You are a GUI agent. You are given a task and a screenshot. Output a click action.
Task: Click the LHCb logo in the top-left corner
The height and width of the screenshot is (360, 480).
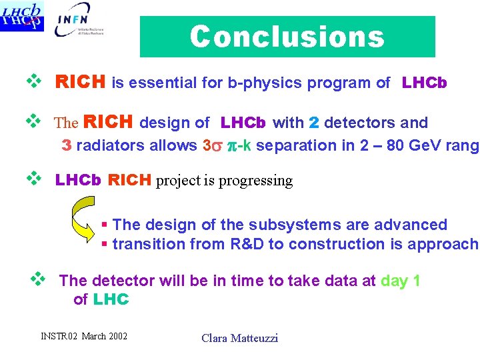23,16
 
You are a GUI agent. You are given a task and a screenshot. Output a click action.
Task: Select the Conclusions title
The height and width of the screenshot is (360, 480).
287,37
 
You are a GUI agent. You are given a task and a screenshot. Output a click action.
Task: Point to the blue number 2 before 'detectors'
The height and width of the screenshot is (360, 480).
315,123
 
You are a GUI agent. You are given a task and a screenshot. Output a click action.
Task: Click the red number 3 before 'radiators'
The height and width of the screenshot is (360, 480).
67,145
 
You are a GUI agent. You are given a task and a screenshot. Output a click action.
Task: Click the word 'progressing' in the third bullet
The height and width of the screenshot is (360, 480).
256,181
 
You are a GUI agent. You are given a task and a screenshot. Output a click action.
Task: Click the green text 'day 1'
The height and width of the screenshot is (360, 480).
400,281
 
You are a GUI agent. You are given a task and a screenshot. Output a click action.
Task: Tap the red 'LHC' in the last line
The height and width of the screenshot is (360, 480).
111,299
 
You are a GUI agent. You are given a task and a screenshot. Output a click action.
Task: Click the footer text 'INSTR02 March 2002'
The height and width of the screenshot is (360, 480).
84,335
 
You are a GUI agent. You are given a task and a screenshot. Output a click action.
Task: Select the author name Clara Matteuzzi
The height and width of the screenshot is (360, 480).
239,338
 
